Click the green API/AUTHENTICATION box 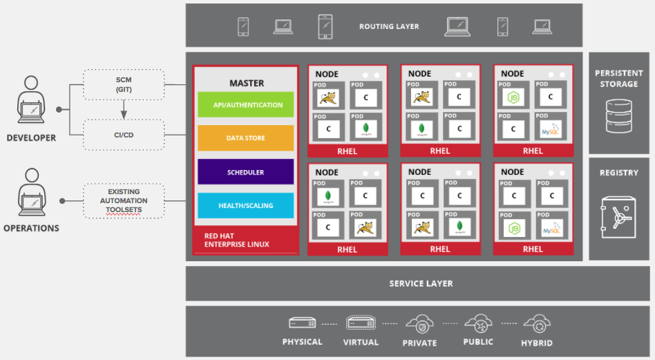[245, 105]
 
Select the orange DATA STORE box [245, 138]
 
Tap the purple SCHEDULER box [245, 172]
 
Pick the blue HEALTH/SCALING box [245, 205]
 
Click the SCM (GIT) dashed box [124, 84]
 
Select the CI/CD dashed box [124, 135]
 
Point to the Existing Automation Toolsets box [124, 201]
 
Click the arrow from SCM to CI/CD [124, 109]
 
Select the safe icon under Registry [618, 216]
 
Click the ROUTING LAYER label [389, 27]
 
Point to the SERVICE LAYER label [421, 283]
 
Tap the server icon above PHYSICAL [302, 323]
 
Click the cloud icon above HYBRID [536, 323]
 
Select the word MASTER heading [247, 83]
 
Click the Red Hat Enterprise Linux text [236, 240]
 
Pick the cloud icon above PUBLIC [478, 323]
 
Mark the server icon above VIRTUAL [361, 323]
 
